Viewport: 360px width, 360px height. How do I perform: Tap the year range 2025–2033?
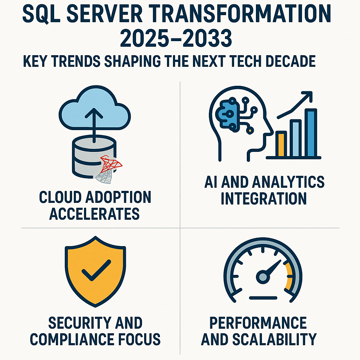(x=175, y=39)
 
